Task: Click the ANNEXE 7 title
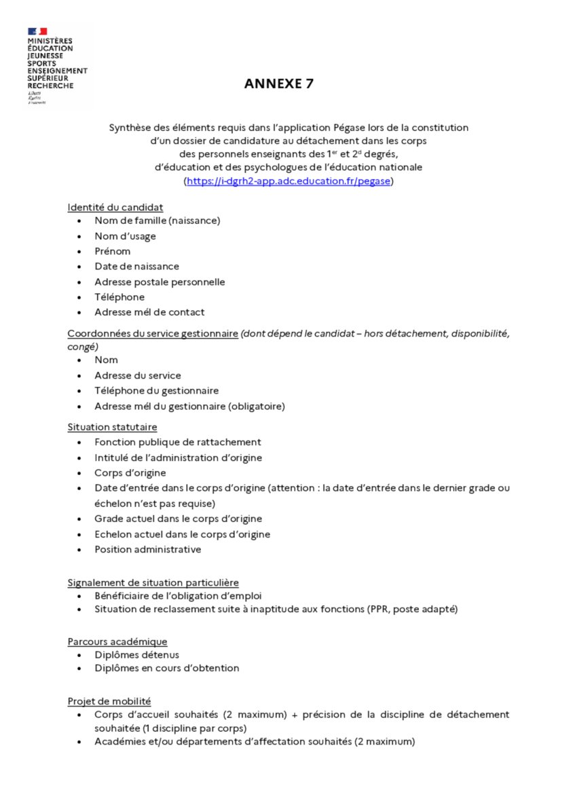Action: [x=279, y=84]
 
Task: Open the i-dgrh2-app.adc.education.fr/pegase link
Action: [x=289, y=182]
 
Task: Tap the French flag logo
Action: [x=37, y=31]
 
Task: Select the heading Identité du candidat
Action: [x=115, y=207]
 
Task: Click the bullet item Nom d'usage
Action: [x=125, y=236]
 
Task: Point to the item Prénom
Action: [x=113, y=251]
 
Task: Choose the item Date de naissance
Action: [x=136, y=266]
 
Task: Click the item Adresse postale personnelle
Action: [x=160, y=282]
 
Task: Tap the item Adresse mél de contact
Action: [x=149, y=312]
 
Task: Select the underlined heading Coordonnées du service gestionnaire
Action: [x=152, y=333]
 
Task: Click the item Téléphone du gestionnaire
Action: [x=156, y=391]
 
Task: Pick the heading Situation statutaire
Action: [x=112, y=427]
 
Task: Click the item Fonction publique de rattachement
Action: [x=178, y=442]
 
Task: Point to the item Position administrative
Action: [x=147, y=549]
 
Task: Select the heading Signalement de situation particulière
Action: [x=153, y=582]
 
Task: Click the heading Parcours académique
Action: [x=117, y=641]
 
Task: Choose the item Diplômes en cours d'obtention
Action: [x=166, y=668]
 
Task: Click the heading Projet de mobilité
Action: [x=109, y=700]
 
